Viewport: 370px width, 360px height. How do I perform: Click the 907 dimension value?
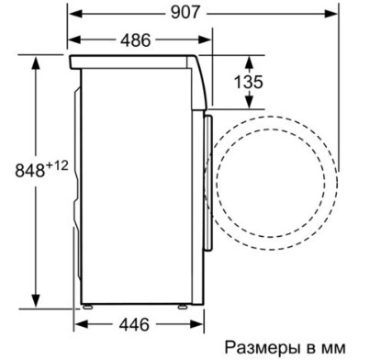(x=185, y=13)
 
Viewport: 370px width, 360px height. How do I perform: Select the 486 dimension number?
(x=136, y=39)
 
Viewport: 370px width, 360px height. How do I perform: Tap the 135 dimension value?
(x=248, y=82)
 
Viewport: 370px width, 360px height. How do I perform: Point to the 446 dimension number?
(x=134, y=324)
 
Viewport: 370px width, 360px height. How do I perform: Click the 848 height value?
(x=29, y=170)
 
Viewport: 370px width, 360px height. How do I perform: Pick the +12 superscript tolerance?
(x=57, y=166)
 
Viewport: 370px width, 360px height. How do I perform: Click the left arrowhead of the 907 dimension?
(x=75, y=14)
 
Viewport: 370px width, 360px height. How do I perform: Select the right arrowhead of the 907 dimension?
(x=331, y=14)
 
